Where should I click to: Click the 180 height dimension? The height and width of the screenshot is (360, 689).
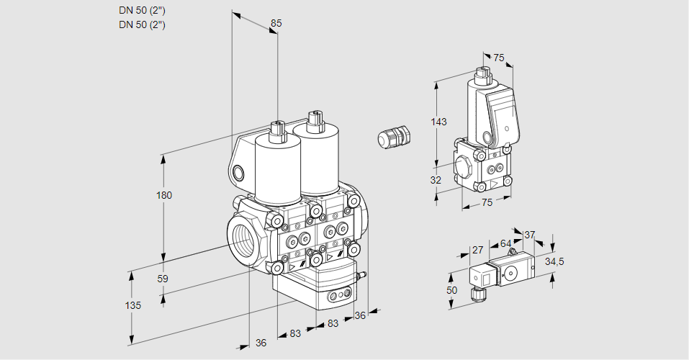(x=165, y=195)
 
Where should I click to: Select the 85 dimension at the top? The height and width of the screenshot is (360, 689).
(x=276, y=23)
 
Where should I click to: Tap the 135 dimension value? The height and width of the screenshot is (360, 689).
(x=132, y=305)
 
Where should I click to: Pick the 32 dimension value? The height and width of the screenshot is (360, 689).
(x=436, y=180)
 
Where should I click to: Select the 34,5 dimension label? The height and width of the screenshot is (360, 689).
(x=554, y=261)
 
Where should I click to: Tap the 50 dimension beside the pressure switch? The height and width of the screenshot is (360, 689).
(x=451, y=289)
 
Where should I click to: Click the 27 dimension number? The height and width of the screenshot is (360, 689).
(x=477, y=251)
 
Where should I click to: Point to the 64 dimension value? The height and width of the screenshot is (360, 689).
(x=505, y=243)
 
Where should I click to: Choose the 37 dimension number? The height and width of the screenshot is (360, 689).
(x=529, y=235)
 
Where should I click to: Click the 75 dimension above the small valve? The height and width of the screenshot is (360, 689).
(x=499, y=59)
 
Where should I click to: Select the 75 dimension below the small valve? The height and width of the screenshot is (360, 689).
(x=487, y=203)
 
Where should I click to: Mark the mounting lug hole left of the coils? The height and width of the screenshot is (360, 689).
(x=238, y=172)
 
